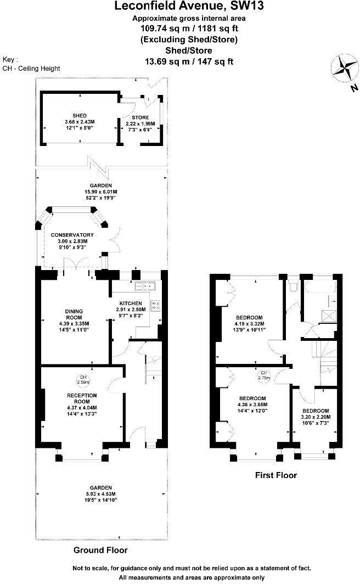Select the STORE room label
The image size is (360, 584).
(x=139, y=117)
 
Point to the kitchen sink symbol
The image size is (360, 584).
(x=147, y=285)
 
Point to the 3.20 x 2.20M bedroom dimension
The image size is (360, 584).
(x=315, y=418)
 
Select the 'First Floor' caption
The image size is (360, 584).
(x=276, y=475)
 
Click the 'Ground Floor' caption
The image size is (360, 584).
(x=100, y=550)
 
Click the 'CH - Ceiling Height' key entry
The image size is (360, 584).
(x=31, y=69)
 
